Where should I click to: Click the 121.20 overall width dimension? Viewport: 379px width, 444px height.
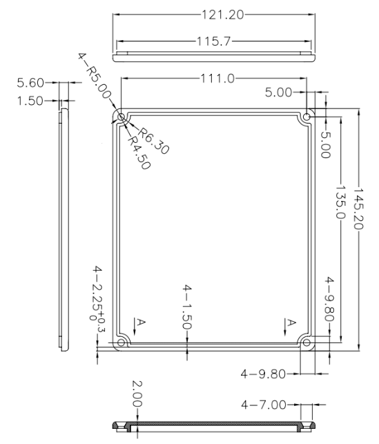(x=222, y=15)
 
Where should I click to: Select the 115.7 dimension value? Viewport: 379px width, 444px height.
(x=214, y=41)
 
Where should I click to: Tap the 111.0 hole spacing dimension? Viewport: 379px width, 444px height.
(x=217, y=78)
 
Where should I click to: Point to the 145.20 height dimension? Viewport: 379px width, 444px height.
(x=358, y=209)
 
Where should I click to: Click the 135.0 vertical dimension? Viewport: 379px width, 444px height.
(x=340, y=202)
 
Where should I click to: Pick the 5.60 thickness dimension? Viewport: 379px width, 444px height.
(x=30, y=83)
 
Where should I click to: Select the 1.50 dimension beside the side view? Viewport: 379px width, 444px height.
(x=30, y=101)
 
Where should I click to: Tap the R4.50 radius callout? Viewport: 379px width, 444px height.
(x=139, y=153)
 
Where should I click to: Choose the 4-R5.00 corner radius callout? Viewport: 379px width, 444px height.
(x=94, y=75)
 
